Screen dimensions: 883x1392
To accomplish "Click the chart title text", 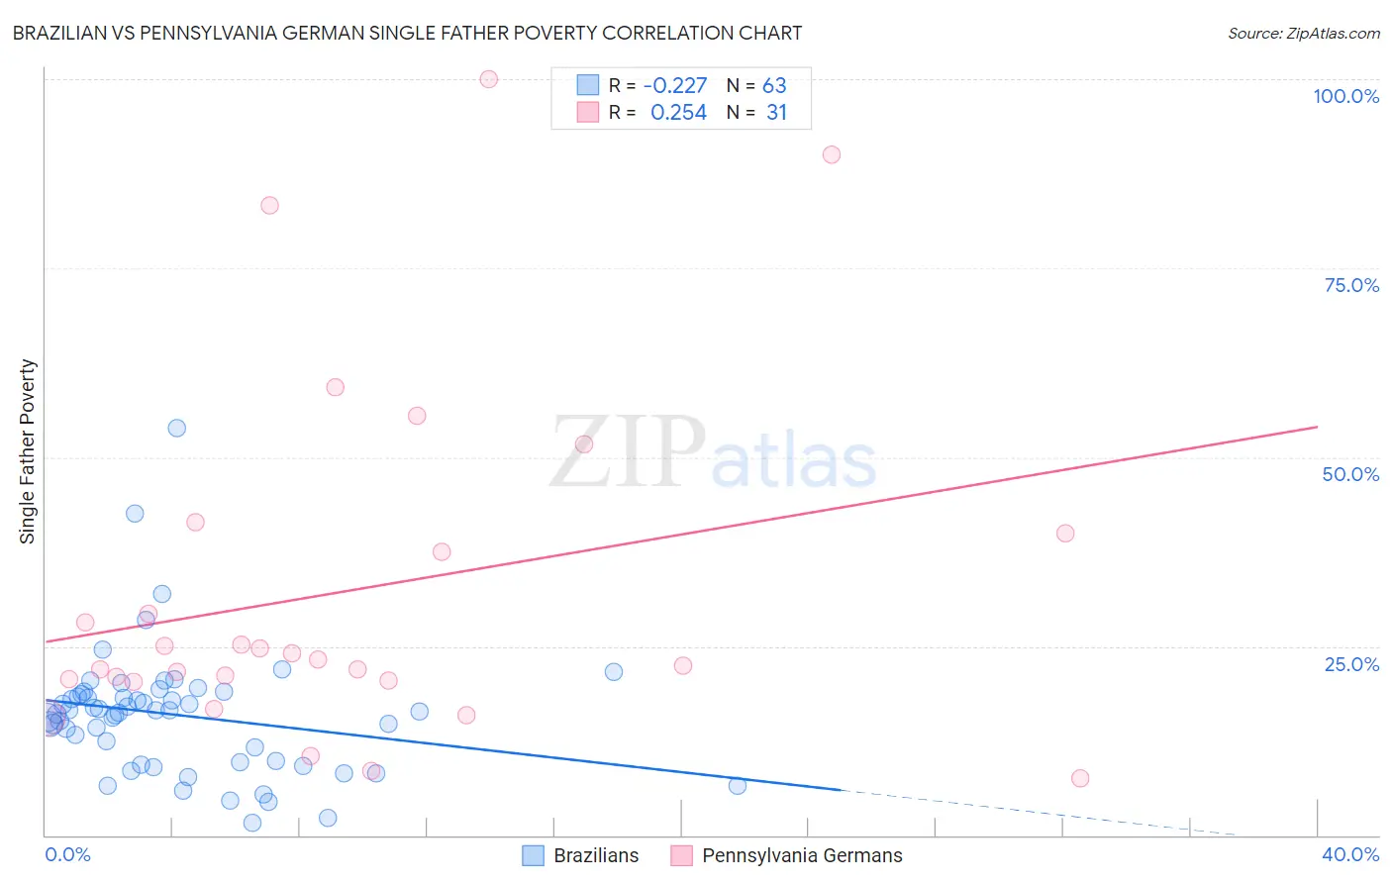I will tap(407, 33).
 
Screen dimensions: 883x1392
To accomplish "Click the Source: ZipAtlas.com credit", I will tap(1303, 33).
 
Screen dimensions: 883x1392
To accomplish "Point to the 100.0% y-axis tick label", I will tap(1345, 96).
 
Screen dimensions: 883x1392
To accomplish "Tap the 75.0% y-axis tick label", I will tap(1351, 285).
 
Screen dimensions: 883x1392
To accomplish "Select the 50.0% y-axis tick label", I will tap(1350, 474).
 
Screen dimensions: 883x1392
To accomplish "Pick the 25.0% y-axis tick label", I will tap(1351, 663).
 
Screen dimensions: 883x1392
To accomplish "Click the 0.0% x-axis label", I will tap(67, 854).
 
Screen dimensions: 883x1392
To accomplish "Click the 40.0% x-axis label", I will tap(1350, 854).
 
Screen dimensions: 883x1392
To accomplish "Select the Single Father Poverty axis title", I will tap(28, 451).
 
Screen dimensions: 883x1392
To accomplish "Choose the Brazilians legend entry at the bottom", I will tap(581, 855).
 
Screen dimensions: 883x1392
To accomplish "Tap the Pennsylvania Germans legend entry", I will tap(787, 855).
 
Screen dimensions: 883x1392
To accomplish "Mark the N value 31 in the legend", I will tap(776, 113).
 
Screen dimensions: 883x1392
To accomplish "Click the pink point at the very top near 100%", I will tap(488, 79).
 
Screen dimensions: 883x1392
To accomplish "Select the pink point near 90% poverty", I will tap(832, 154).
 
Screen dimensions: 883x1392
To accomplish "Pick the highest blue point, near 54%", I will tap(177, 428).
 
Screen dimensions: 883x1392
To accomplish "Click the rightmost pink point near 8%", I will tap(1080, 778).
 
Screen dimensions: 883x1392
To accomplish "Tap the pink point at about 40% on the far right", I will tap(1065, 533).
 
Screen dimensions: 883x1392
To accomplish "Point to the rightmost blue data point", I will tap(738, 785).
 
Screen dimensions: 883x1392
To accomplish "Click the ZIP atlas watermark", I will tap(713, 453).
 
